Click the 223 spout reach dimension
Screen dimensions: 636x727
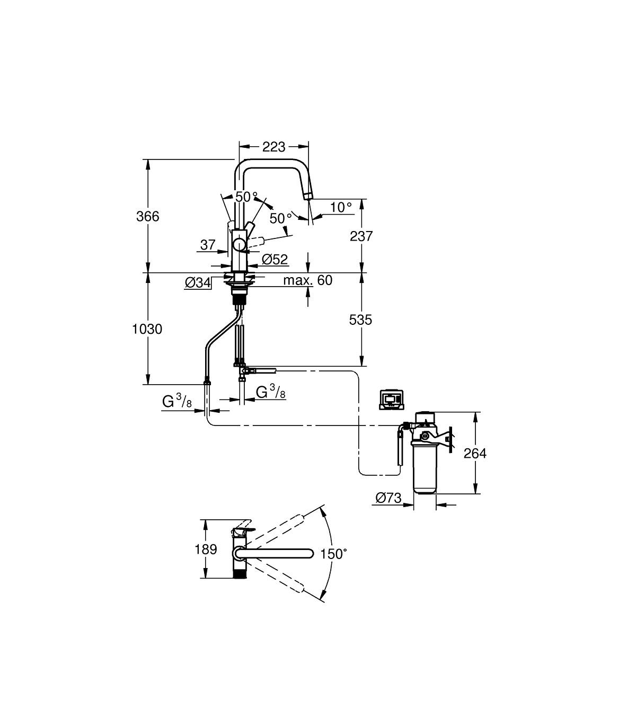(x=273, y=147)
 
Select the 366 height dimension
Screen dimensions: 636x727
(x=148, y=216)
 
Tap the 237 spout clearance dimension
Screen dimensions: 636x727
(x=361, y=236)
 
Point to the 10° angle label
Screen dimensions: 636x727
(x=341, y=207)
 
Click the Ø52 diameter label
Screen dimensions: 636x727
(x=275, y=260)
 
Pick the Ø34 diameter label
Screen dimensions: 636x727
(x=198, y=282)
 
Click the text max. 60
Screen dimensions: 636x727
(x=308, y=280)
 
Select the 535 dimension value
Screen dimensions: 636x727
(x=360, y=320)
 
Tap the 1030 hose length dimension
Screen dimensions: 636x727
(x=147, y=329)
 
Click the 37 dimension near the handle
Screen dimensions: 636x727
(x=208, y=245)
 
